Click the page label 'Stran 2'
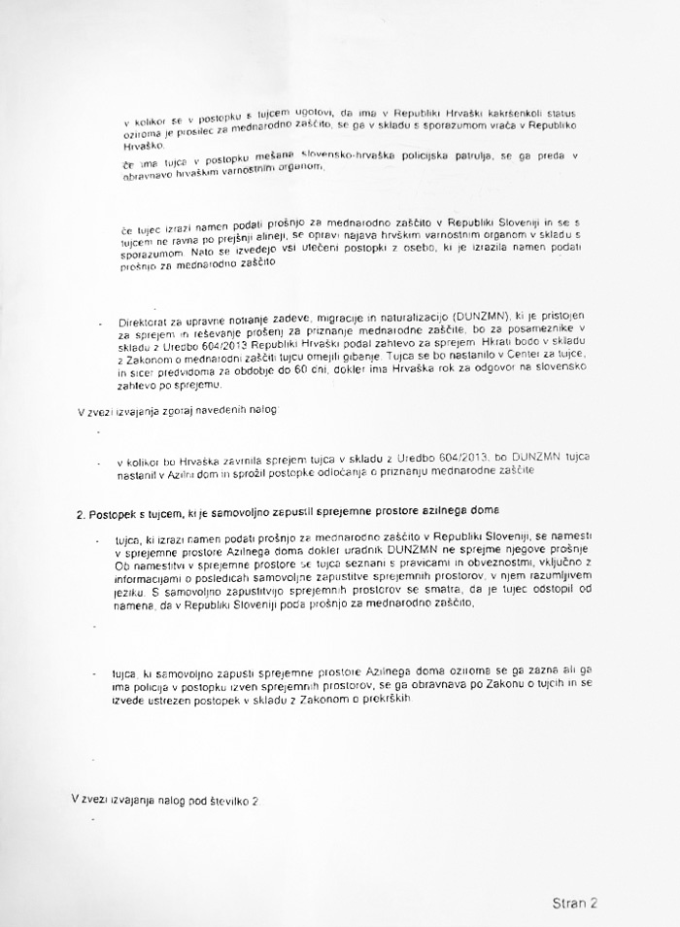click(x=570, y=902)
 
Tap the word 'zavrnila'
click(x=228, y=457)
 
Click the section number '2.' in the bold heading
click(x=82, y=511)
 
